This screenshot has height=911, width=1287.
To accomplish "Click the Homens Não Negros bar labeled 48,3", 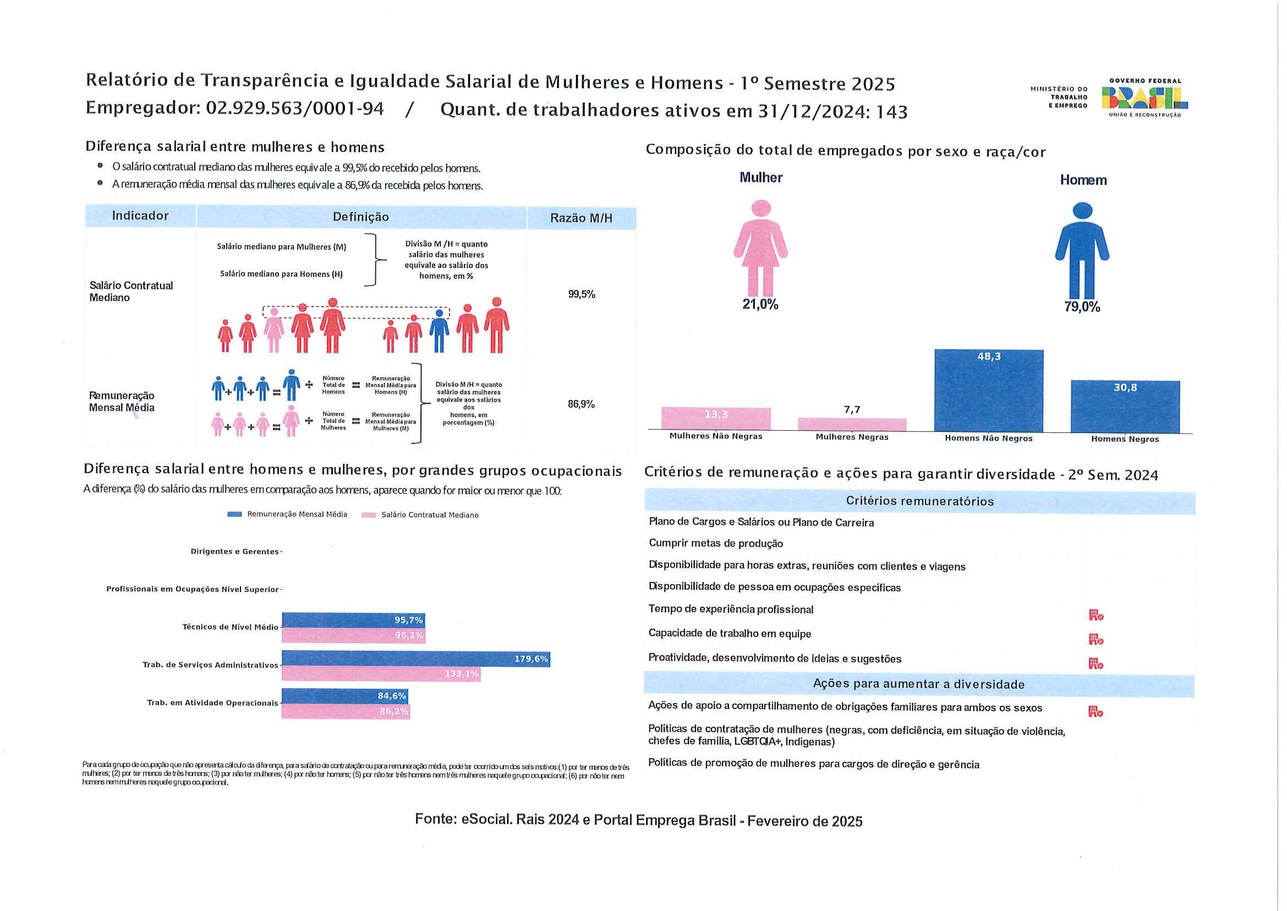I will (989, 391).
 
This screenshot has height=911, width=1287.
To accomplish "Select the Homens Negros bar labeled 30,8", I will (1125, 406).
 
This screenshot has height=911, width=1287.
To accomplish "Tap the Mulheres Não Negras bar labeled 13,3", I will (716, 419).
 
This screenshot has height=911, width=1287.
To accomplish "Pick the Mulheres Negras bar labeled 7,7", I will (852, 424).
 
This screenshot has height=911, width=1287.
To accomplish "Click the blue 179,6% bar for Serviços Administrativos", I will (415, 658).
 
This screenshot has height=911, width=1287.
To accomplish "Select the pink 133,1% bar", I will (381, 674).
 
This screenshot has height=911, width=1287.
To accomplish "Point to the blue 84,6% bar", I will (344, 696).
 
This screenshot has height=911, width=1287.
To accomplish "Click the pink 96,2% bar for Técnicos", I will (353, 635).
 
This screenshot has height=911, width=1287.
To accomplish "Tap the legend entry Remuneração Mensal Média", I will (287, 514).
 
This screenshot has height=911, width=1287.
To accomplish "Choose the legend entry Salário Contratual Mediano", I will (421, 515).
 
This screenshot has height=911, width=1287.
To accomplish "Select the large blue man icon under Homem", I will (1082, 250).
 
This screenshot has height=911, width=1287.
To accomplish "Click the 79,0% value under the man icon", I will (1082, 307).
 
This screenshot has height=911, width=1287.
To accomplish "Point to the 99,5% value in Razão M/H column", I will (581, 294).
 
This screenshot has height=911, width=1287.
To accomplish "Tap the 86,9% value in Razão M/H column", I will (580, 404).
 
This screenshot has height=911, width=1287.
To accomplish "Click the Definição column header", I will (361, 217).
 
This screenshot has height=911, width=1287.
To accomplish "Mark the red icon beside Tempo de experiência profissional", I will (1096, 615).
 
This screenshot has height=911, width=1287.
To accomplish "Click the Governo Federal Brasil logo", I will (1144, 98).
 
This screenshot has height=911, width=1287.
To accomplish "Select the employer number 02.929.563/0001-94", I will (294, 108).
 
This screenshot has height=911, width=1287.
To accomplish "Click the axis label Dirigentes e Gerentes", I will (234, 551).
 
